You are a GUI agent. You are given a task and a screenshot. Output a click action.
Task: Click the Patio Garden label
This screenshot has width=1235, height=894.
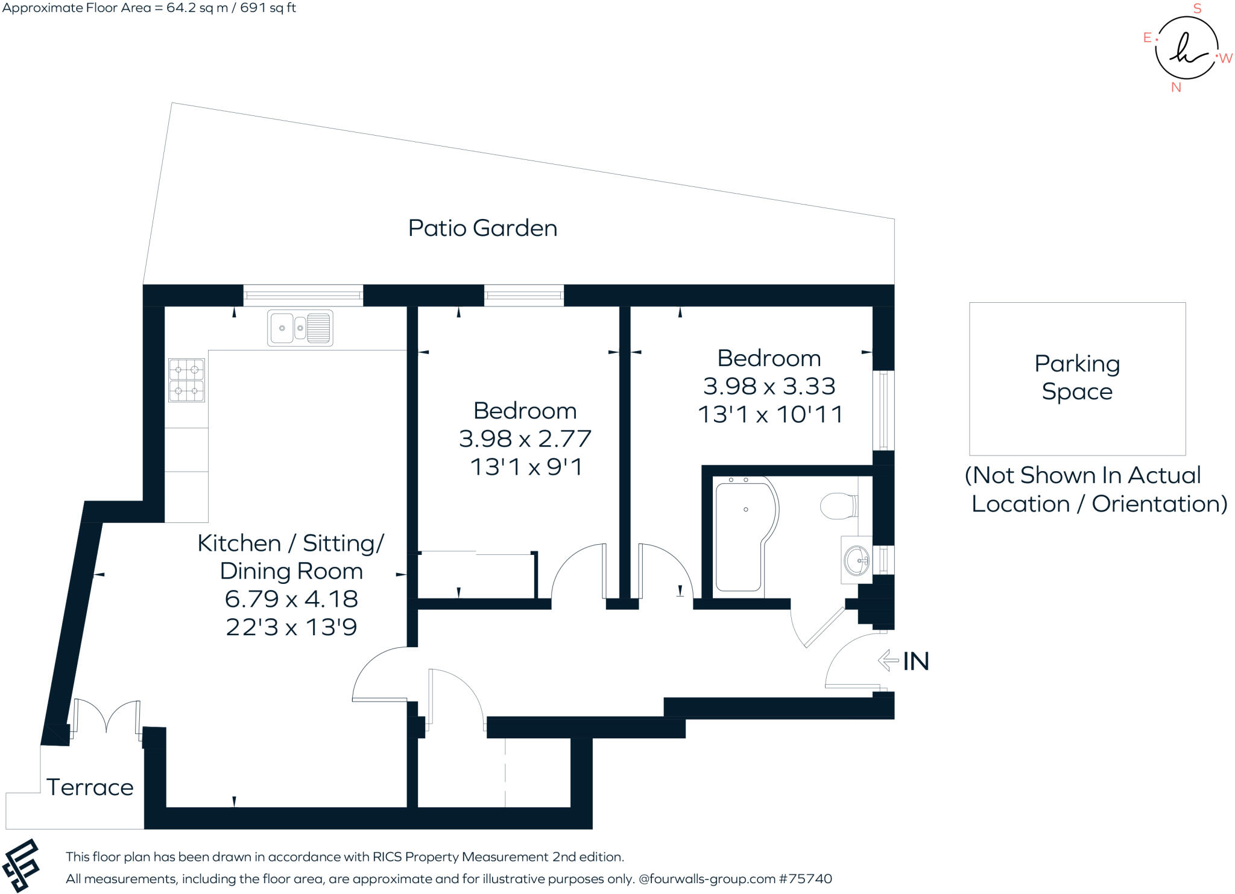pos(482,228)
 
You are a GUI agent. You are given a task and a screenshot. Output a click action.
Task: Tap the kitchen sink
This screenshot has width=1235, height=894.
pos(300,328)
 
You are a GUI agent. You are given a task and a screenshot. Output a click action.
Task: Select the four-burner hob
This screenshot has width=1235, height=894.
pos(186,380)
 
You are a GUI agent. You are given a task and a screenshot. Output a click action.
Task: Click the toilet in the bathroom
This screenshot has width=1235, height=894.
pos(839,505)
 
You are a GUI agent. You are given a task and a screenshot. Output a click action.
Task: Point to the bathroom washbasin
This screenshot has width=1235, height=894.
pos(857,560)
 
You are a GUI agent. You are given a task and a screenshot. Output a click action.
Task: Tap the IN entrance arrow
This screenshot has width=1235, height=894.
pos(888,661)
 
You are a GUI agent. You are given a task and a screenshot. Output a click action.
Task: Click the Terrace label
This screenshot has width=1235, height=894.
pos(90,787)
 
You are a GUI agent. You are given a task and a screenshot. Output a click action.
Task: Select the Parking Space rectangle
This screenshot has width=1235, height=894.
pos(1077,379)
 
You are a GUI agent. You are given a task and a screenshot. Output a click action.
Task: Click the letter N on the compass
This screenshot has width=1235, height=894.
pos(1176,87)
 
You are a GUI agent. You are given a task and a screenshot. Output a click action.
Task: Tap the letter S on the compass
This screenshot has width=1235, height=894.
pos(1198,8)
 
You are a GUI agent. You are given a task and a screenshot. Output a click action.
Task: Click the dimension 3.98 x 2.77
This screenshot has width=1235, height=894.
pos(525,439)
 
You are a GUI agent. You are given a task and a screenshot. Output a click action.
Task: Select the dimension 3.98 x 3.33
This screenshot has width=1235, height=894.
pos(769,386)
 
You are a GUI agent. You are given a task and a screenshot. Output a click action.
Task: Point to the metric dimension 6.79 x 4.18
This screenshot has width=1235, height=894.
pos(291,599)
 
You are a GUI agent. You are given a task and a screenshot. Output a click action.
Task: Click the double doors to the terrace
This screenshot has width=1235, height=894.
pos(107,718)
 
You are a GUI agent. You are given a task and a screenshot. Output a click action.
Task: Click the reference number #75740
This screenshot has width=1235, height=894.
pos(806,879)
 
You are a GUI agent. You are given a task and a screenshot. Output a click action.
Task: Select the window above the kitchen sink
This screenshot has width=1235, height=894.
pos(303,296)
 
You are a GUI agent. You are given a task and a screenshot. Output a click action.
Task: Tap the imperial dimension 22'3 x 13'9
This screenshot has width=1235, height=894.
pos(291,627)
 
